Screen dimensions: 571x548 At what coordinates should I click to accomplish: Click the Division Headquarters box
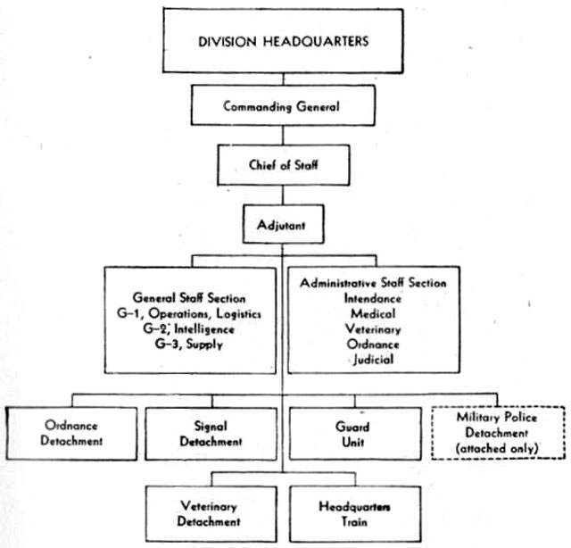[x=283, y=41]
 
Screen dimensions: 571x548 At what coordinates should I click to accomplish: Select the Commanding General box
[x=283, y=105]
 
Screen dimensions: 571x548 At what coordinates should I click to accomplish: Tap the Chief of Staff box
[x=284, y=165]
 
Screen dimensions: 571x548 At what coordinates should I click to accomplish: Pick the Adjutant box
[x=283, y=224]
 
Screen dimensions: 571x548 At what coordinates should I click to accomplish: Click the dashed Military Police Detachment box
[x=498, y=433]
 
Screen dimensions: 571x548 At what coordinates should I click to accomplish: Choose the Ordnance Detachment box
[x=71, y=434]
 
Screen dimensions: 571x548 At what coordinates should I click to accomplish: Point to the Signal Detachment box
[x=211, y=434]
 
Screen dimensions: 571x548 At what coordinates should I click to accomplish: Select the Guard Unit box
[x=355, y=434]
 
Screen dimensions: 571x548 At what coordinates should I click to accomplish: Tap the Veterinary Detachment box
[x=211, y=514]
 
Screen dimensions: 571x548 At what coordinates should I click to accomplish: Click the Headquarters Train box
[x=355, y=514]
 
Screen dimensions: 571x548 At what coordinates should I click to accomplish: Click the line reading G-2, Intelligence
[x=188, y=329]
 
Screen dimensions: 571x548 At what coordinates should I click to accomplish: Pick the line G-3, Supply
[x=188, y=345]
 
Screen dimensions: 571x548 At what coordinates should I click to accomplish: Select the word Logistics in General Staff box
[x=238, y=313]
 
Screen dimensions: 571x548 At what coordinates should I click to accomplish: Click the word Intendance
[x=373, y=299]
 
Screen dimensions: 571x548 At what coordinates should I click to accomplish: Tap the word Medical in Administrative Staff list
[x=373, y=313]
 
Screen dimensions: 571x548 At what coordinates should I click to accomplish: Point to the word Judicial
[x=373, y=360]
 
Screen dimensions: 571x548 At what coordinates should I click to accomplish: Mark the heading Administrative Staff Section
[x=373, y=283]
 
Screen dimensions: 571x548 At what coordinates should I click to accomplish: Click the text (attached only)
[x=497, y=449]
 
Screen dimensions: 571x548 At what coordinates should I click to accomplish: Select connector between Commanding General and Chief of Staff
[x=283, y=135]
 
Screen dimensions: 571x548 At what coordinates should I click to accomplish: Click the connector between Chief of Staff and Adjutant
[x=283, y=195]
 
